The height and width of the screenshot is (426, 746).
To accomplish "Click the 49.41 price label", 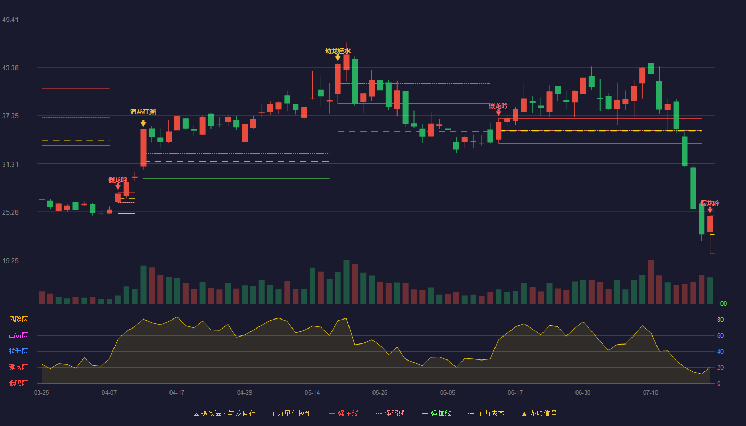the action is (10, 19).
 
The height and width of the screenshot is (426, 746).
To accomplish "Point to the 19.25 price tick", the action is (10, 260).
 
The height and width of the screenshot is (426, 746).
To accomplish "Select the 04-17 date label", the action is (177, 393).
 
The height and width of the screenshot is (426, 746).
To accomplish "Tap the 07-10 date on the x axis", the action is (651, 393).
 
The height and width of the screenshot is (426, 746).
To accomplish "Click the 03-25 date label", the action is (42, 393).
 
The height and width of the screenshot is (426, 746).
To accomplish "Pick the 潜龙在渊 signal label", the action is (143, 112).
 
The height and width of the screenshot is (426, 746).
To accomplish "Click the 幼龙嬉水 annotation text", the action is (338, 51).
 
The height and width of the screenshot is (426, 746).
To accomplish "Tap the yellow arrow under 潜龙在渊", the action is (143, 124).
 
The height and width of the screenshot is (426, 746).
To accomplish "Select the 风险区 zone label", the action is (18, 319).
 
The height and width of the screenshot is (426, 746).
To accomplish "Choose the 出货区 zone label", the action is (18, 335).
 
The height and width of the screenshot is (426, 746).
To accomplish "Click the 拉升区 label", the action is (18, 351).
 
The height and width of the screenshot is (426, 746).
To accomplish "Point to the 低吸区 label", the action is (18, 383).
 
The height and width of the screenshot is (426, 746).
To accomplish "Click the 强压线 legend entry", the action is (344, 413).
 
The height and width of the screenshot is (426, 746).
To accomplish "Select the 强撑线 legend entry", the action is (436, 413).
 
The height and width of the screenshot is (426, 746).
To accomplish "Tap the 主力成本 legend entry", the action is (486, 413).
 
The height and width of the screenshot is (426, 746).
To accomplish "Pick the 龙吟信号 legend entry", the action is (539, 413).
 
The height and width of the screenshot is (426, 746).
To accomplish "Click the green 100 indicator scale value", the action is (722, 304).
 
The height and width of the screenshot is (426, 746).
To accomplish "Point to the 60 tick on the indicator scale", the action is (720, 335).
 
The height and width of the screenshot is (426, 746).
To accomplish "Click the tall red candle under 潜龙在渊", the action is (143, 148).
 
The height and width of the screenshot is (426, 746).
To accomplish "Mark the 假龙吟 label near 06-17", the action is (498, 106).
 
